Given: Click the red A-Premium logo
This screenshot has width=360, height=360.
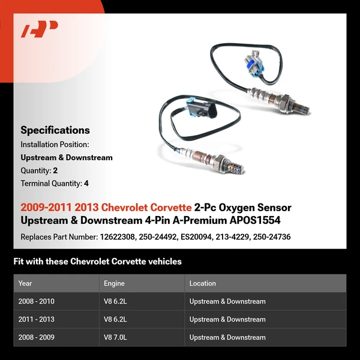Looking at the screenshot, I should (x=40, y=29).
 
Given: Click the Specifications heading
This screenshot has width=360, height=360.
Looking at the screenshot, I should (x=55, y=130).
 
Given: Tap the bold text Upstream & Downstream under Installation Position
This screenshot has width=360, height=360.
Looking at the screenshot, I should (x=67, y=158).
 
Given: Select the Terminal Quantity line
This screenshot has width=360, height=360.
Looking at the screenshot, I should (x=55, y=184).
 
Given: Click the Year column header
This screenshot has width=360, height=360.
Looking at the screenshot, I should (x=25, y=283).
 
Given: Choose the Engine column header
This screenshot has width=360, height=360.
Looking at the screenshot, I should (x=115, y=283).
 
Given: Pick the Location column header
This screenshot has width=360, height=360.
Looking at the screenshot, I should (x=202, y=283).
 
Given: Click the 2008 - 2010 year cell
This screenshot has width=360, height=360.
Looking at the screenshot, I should (x=37, y=301).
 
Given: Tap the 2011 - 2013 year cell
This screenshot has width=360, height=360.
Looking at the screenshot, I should (x=37, y=319).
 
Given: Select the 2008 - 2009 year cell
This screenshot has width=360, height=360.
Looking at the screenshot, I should (x=37, y=337).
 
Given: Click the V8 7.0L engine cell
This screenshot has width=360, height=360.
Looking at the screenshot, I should (x=116, y=337).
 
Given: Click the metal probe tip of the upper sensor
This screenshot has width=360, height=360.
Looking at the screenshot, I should (x=305, y=109).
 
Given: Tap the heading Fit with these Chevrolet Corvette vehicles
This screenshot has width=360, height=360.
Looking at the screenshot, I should (x=97, y=262).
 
